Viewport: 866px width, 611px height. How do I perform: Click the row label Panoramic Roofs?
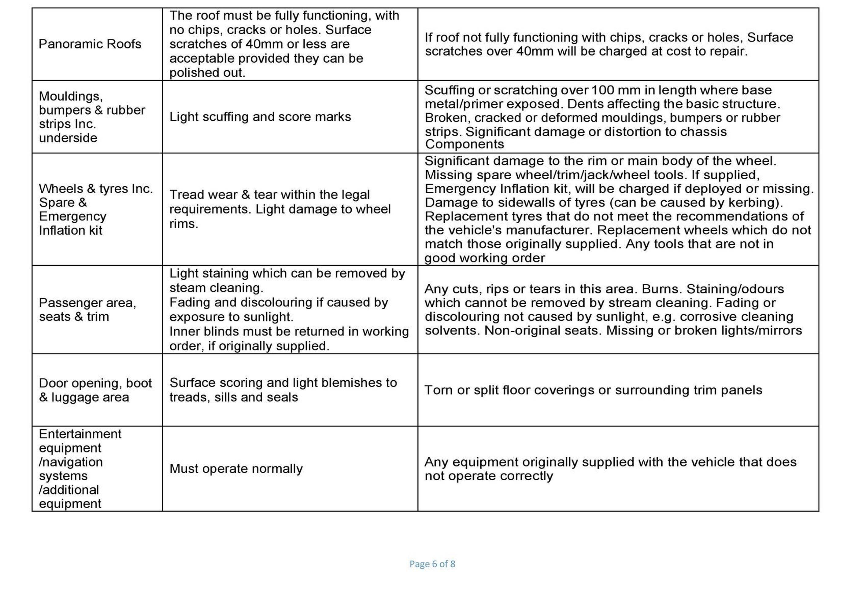coord(90,44)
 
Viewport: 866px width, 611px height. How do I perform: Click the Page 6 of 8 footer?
coord(432,564)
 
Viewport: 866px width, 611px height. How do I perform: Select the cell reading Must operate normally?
coord(236,469)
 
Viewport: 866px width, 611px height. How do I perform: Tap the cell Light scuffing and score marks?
coord(260,117)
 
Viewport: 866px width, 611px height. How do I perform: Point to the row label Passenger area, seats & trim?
coord(87,309)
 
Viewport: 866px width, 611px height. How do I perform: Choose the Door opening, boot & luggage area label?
coord(95,390)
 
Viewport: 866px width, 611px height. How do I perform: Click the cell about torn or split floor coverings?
coord(593,390)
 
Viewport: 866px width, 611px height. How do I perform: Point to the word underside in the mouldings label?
coord(68,138)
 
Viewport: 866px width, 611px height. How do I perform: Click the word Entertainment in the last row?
coord(80,434)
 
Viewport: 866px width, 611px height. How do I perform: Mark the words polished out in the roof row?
coord(207,72)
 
